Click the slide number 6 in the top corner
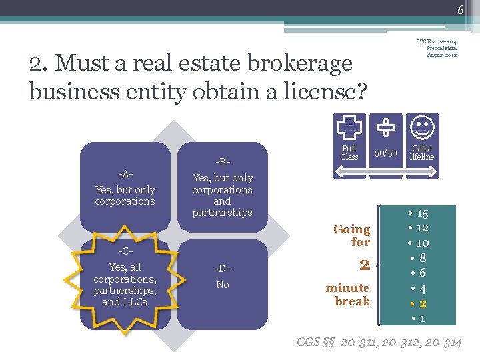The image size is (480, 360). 460,9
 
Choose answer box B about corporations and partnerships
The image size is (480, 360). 222,189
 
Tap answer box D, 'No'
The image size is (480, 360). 222,277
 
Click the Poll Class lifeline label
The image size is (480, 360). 349,153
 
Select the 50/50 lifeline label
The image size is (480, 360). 385,153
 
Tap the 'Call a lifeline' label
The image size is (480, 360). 421,153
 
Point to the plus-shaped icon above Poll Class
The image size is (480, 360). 349,127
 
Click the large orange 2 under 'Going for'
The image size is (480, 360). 364,265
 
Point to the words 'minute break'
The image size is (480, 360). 348,295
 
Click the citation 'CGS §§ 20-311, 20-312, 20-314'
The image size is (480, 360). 379,343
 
